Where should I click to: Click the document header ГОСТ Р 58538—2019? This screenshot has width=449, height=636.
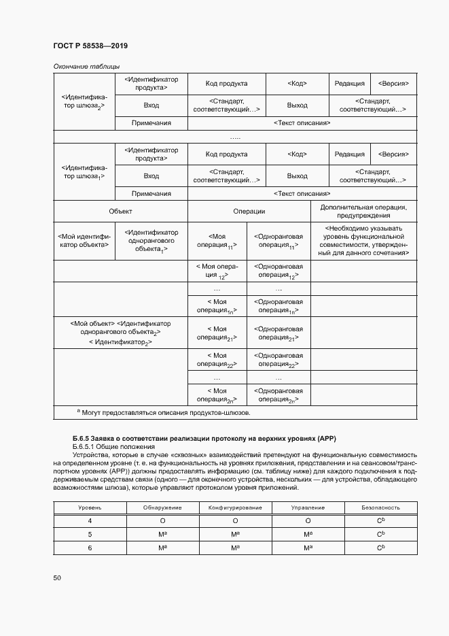pos(90,46)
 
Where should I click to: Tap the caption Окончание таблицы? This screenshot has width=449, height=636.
pos(86,66)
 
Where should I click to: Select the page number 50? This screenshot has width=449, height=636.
pos(57,578)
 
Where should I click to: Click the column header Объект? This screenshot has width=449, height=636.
pos(120,212)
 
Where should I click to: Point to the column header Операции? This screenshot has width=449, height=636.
pos(249,212)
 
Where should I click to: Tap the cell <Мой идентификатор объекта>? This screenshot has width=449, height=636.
pos(84,241)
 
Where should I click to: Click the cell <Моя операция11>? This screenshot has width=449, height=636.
pos(216,241)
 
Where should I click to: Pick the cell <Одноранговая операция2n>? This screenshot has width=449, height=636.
pos(278,395)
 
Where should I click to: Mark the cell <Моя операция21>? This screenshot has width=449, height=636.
pos(216,333)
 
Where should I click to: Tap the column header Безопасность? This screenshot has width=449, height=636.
pos(381,507)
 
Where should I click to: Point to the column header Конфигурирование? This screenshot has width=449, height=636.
pos(235,507)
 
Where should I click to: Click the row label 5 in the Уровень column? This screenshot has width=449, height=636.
pos(90,534)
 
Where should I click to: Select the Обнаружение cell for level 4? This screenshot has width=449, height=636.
pos(162,521)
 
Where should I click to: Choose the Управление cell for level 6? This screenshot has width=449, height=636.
pos(308,548)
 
